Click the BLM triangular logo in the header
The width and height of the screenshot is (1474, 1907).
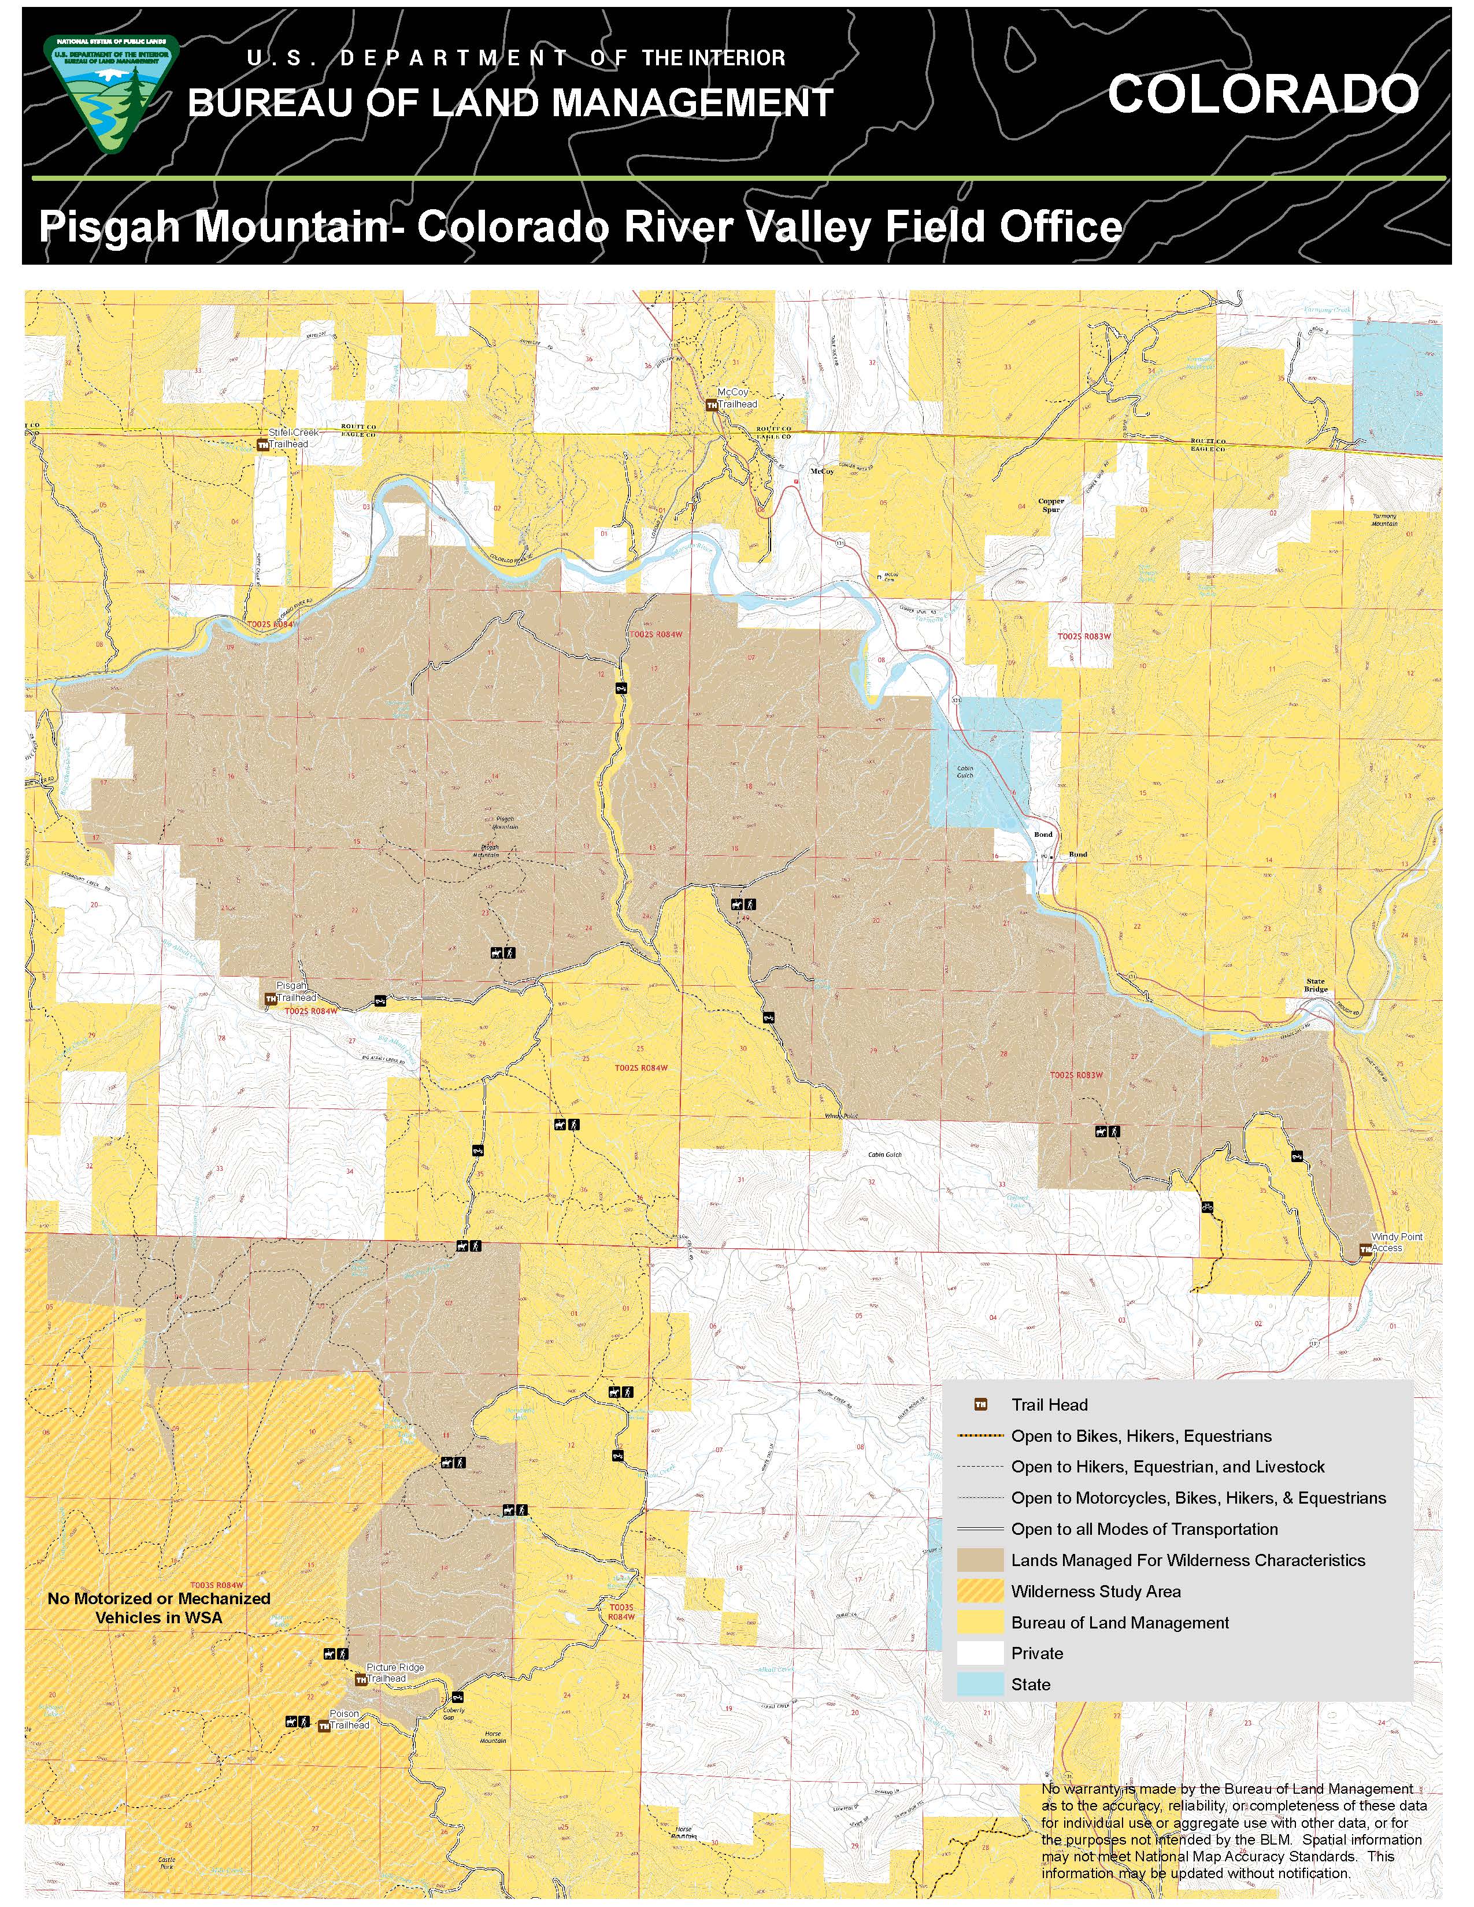110,94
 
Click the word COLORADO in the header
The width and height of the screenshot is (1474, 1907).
1262,94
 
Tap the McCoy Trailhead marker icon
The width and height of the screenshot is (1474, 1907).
712,405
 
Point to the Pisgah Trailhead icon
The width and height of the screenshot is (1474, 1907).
271,998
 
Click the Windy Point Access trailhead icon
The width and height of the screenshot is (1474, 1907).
1365,1251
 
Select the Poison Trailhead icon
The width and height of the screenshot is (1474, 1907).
324,1726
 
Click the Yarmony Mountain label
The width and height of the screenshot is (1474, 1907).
1384,520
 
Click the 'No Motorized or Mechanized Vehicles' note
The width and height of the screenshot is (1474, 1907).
159,1608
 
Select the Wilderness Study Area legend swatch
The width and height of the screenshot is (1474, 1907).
980,1591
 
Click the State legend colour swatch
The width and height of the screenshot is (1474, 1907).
980,1685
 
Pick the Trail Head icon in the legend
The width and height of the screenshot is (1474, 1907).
980,1405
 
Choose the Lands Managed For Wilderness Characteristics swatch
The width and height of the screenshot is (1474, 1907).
980,1560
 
